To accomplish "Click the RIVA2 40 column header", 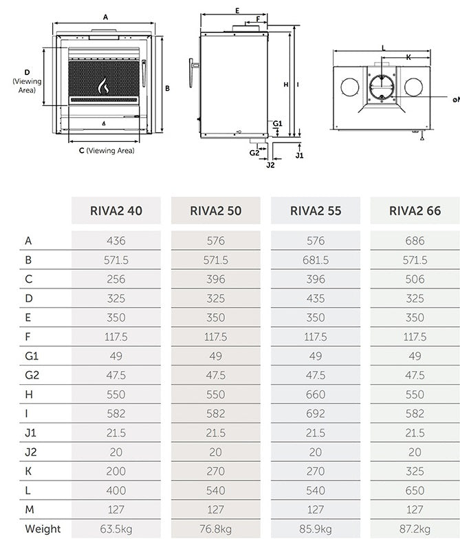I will pos(116,211).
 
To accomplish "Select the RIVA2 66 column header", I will pos(415,211).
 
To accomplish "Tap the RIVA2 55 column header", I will pos(316,211).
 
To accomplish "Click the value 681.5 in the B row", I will pos(316,260).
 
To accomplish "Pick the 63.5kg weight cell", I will pos(116,529).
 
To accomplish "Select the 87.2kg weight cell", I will pos(415,529).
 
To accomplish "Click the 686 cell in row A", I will pos(415,241).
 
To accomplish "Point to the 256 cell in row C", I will pos(116,279).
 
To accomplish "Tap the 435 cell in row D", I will pos(316,299).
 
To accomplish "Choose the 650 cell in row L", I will pos(415,490).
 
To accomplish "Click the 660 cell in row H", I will pos(316,394).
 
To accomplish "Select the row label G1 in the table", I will pos(31,356).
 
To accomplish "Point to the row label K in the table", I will pos(28,471).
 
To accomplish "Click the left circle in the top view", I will pos(349,87).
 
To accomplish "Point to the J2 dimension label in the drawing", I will pos(270,165).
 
